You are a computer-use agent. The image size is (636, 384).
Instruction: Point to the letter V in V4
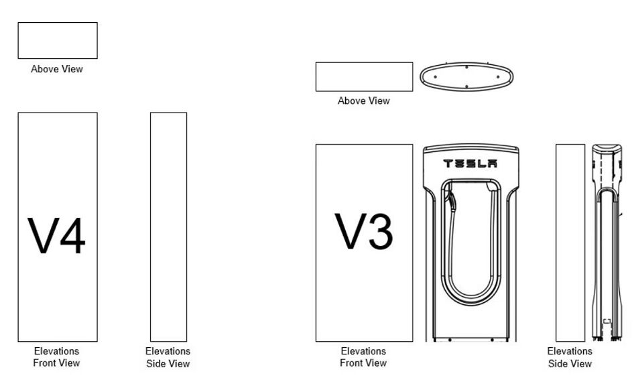pyautogui.click(x=42, y=236)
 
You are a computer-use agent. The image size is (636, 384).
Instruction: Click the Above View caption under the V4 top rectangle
pyautogui.click(x=57, y=69)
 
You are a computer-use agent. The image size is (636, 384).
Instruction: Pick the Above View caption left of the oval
pyautogui.click(x=363, y=101)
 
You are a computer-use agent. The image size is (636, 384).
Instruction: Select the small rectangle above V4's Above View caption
pyautogui.click(x=58, y=40)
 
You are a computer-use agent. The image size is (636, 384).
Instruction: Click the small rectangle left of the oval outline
pyautogui.click(x=364, y=76)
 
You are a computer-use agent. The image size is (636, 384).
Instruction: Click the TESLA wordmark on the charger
pyautogui.click(x=470, y=164)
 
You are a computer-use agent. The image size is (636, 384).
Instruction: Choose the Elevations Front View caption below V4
pyautogui.click(x=57, y=357)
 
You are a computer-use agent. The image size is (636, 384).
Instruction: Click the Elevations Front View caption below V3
pyautogui.click(x=363, y=357)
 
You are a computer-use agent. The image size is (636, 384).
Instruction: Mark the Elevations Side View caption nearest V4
pyautogui.click(x=168, y=357)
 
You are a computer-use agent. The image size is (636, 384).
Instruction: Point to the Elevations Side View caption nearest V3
pyautogui.click(x=570, y=357)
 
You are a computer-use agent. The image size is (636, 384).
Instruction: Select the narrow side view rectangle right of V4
pyautogui.click(x=168, y=227)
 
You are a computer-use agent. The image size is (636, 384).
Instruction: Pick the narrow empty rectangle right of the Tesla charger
pyautogui.click(x=570, y=243)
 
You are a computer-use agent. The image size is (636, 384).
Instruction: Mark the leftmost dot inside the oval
pyautogui.click(x=435, y=76)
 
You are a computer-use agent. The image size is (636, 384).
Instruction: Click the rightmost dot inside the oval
pyautogui.click(x=498, y=76)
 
